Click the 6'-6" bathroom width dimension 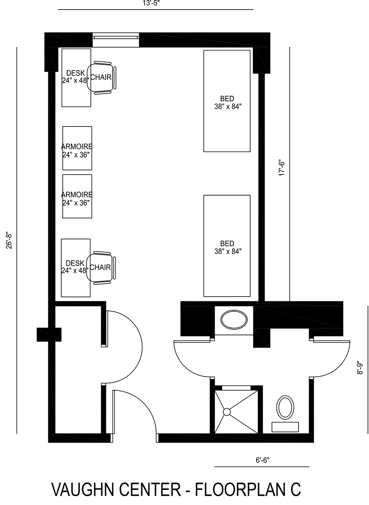262,460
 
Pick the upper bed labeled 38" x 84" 227,101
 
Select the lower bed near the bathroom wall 227,246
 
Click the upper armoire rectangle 77,148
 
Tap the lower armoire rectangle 77,196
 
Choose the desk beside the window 76,77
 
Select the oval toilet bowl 285,407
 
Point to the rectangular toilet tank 285,427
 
